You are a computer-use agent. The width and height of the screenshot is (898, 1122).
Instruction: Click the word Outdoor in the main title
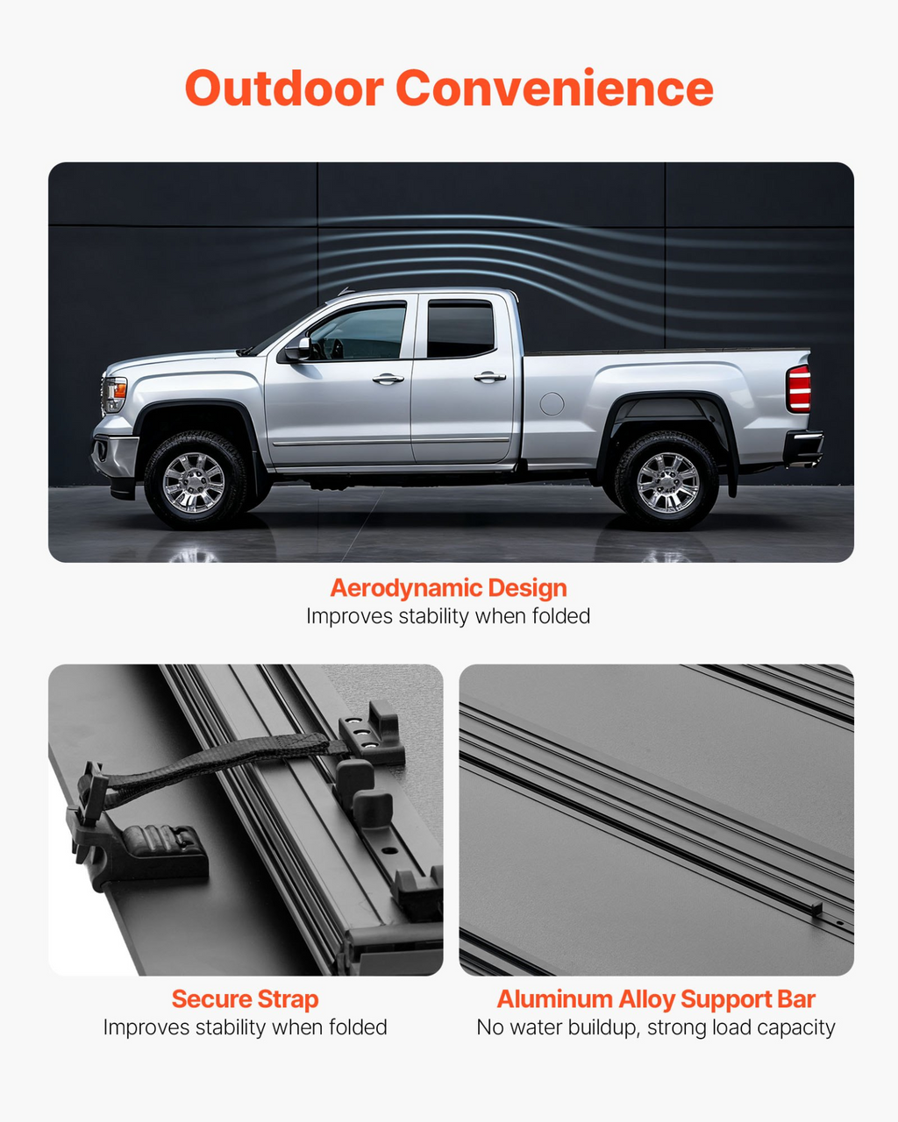click(284, 89)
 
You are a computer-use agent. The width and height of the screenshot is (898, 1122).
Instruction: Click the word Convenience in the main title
click(554, 89)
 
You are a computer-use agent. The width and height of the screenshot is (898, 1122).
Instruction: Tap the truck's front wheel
click(196, 480)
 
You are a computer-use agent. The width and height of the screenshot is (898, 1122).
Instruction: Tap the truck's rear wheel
click(666, 480)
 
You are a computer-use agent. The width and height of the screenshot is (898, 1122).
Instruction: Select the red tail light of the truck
click(799, 389)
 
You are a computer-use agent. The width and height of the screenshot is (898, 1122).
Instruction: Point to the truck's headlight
click(115, 394)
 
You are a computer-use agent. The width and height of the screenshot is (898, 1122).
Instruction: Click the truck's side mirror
click(297, 348)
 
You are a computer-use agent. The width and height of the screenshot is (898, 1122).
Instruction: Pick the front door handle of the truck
click(388, 379)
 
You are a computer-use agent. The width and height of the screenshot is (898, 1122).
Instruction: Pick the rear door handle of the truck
click(489, 376)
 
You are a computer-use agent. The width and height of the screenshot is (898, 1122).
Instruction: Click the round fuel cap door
click(552, 403)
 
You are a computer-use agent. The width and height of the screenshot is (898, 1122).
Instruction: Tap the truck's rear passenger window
click(460, 330)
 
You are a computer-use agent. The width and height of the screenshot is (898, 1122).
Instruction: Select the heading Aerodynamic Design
click(449, 588)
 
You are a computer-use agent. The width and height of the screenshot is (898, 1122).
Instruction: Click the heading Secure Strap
click(246, 999)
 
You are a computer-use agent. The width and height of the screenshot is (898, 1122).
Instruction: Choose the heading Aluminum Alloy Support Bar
click(656, 999)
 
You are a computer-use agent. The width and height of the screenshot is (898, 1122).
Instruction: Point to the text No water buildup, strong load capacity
click(656, 1027)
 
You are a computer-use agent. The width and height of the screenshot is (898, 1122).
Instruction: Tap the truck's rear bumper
click(802, 447)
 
